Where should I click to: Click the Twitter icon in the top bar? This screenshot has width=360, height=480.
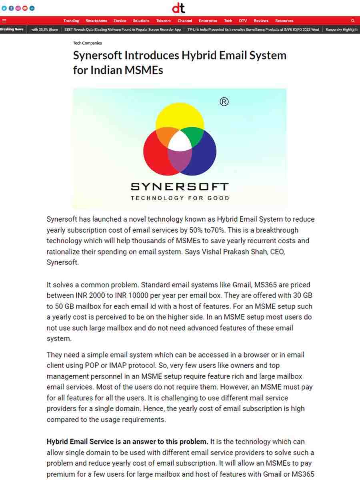click(4, 8)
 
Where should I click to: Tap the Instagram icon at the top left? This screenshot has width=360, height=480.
click(18, 8)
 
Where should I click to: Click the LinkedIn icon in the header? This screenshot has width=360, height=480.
click(32, 8)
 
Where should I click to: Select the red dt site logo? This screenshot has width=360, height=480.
click(178, 8)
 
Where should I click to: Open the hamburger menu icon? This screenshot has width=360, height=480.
click(4, 21)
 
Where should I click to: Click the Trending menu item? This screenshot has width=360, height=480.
click(71, 21)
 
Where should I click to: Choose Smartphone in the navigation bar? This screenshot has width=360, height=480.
click(96, 21)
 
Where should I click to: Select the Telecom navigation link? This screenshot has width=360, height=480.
click(163, 21)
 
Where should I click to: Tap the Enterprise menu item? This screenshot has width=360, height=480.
click(208, 21)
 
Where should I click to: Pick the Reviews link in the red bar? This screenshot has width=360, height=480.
click(261, 21)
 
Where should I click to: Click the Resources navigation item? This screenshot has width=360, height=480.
click(284, 21)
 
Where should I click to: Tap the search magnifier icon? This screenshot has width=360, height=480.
click(353, 21)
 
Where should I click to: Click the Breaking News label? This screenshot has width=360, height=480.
click(12, 30)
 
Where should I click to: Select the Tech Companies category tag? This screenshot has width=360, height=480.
click(87, 43)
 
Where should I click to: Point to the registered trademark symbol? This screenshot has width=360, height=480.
click(224, 102)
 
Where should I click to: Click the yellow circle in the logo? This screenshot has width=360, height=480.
click(180, 114)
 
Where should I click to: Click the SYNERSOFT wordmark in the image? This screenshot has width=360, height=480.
click(180, 187)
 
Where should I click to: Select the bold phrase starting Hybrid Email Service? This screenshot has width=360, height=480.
click(127, 442)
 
